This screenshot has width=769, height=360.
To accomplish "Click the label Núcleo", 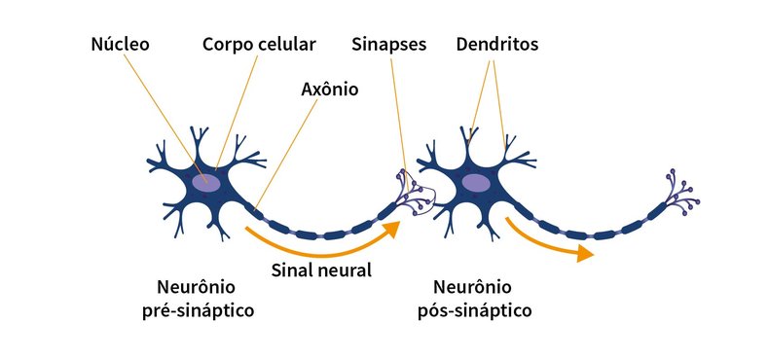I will click(x=119, y=45).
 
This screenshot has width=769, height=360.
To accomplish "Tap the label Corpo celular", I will click(x=259, y=45).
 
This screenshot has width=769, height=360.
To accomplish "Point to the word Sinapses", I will click(x=390, y=45).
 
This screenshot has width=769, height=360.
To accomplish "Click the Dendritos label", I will click(x=496, y=45).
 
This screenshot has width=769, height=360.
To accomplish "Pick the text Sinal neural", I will click(x=320, y=270).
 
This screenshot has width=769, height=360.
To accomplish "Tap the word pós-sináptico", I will click(x=484, y=310).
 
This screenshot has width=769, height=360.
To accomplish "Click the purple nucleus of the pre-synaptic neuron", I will click(x=206, y=182).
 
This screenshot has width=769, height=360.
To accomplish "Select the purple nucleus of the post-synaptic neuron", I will click(x=475, y=182).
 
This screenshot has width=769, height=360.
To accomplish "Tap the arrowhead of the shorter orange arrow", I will click(x=584, y=254).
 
